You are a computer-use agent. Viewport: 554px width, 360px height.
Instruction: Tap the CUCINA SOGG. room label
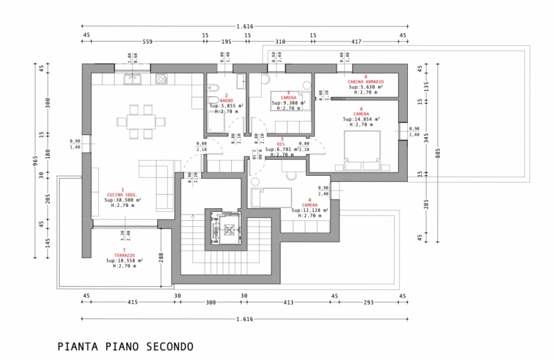123,195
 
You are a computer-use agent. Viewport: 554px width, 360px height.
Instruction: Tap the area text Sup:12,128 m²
309,210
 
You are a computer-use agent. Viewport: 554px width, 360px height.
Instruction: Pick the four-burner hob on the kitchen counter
160,79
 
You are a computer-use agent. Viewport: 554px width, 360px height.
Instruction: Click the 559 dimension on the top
147,42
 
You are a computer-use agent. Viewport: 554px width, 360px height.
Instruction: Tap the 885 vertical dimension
437,154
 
